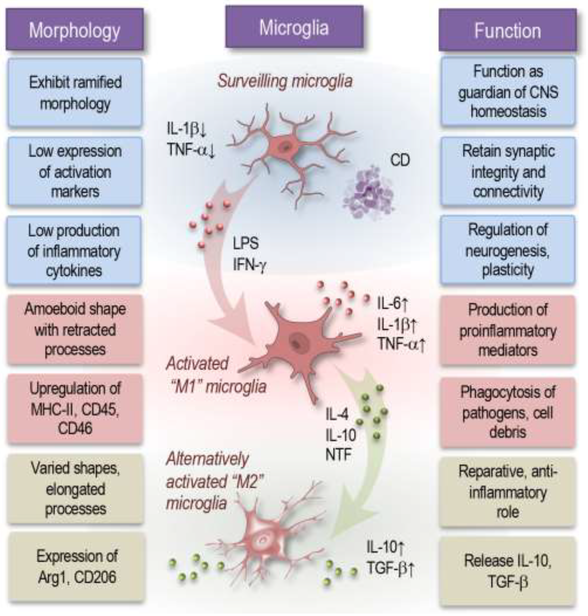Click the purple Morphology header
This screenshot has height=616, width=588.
[74, 30]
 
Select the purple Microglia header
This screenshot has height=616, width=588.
[294, 28]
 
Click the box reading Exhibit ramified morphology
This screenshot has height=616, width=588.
[75, 93]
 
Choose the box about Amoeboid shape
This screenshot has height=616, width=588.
[75, 329]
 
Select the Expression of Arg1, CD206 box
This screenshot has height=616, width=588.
[77, 566]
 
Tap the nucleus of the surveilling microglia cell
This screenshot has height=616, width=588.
[286, 146]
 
